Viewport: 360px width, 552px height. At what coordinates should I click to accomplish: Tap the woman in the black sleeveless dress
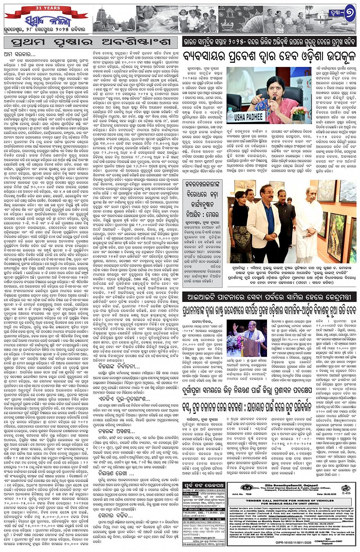point(241,228)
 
